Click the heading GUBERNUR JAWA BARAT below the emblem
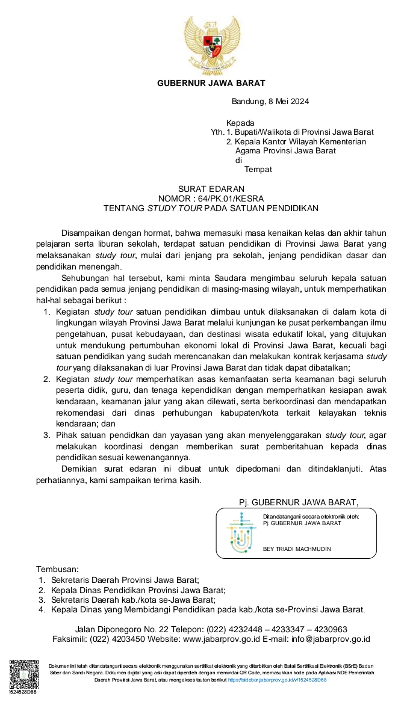(x=211, y=83)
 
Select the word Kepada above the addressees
(x=240, y=123)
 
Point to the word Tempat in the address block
(x=258, y=169)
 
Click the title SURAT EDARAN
(x=211, y=189)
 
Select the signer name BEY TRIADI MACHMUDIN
(x=297, y=549)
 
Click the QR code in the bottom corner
(x=22, y=676)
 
